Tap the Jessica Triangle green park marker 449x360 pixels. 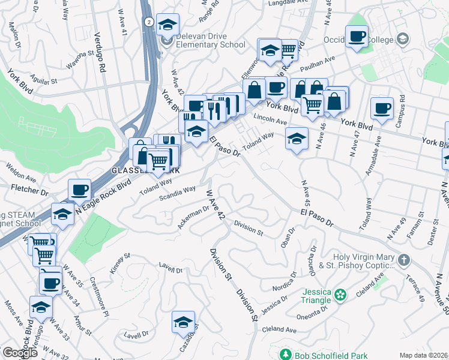pyautogui.click(x=341, y=294)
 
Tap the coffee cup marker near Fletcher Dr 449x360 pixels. pyautogui.click(x=79, y=191)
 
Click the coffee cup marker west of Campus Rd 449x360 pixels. pyautogui.click(x=382, y=109)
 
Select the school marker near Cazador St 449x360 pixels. pyautogui.click(x=183, y=323)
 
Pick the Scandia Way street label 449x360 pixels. pyautogui.click(x=177, y=193)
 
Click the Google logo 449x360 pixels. pyautogui.click(x=20, y=353)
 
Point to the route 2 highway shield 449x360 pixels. pyautogui.click(x=148, y=22)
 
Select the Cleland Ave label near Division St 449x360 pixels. pyautogui.click(x=279, y=330)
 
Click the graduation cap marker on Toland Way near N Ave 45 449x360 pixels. pyautogui.click(x=296, y=140)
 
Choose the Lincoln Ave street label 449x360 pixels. pyautogui.click(x=270, y=119)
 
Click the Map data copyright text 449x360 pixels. pyautogui.click(x=423, y=355)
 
